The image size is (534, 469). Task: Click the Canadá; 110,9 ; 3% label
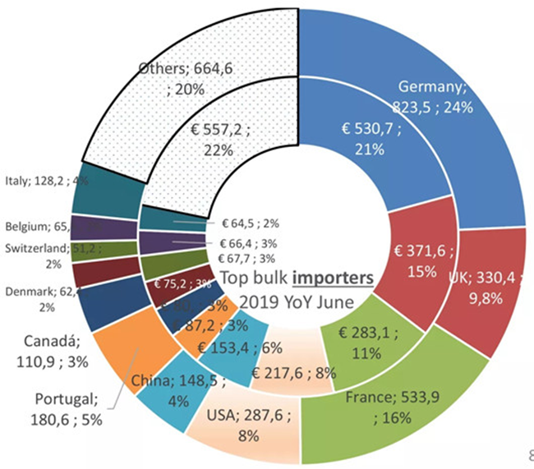(x=46, y=351)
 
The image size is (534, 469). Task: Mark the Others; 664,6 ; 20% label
(x=186, y=80)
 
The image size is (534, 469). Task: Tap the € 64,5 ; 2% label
(x=251, y=222)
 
